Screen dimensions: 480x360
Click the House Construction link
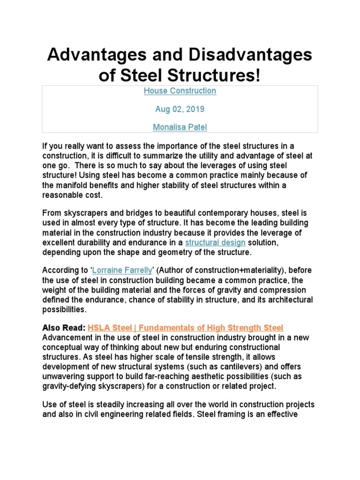[x=180, y=91]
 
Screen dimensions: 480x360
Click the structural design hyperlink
[x=215, y=243]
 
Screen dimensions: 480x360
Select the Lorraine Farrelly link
[x=119, y=270]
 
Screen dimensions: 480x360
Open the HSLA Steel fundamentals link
[x=186, y=328]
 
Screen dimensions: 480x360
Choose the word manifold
[x=75, y=185]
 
